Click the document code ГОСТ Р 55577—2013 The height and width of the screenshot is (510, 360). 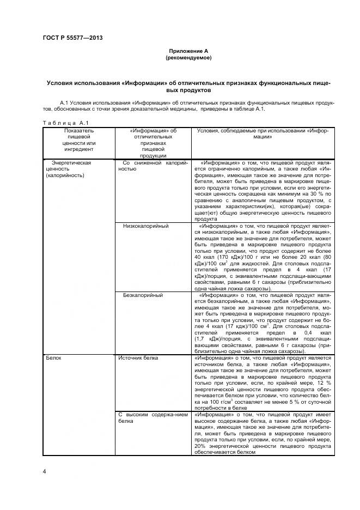click(72, 37)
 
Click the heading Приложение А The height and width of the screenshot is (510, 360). click(188, 50)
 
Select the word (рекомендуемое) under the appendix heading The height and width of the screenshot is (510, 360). click(188, 57)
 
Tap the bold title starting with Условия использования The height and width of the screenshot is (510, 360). click(188, 86)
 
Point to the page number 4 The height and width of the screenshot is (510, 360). click(44, 470)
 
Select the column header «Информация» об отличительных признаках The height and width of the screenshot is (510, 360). click(153, 142)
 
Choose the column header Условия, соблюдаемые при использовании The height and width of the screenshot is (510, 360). click(262, 134)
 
